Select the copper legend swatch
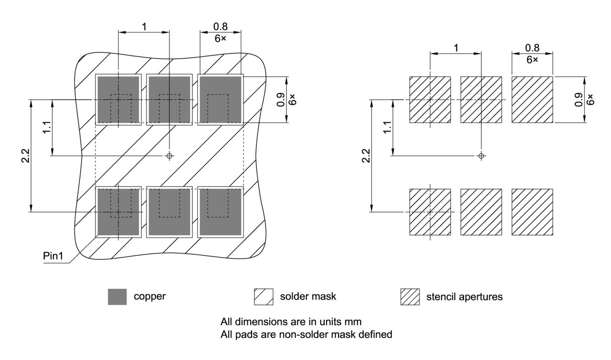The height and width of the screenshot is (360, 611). (117, 296)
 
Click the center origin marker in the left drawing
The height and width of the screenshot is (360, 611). (169, 156)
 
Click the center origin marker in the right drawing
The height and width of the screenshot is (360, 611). (481, 156)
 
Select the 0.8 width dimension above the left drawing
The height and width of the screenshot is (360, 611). (220, 27)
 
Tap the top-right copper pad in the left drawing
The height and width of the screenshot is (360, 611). (221, 99)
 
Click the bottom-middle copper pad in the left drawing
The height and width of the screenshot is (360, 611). (169, 212)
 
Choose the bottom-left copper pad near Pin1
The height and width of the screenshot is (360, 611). (118, 212)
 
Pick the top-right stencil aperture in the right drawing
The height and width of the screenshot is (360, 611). (532, 99)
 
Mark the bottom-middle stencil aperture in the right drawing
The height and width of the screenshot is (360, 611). (481, 212)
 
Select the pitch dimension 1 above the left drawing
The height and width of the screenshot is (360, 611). (144, 26)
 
